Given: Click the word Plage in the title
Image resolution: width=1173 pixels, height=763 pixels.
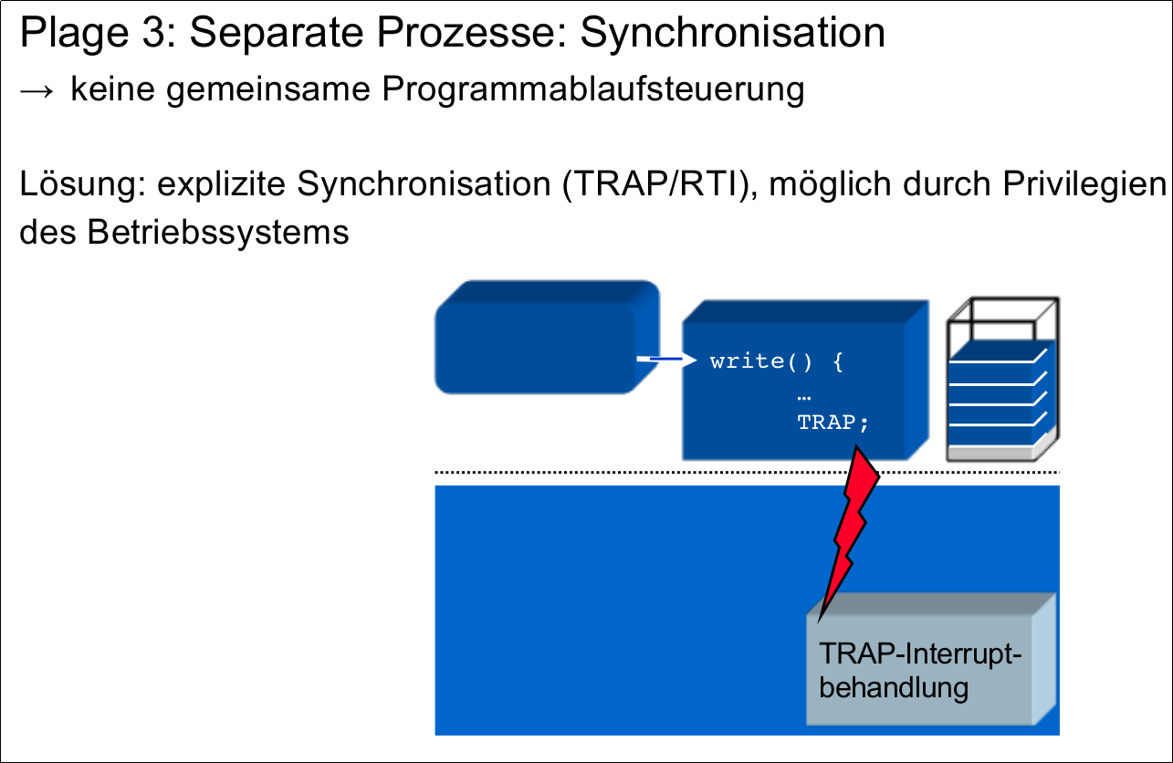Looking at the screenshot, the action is [74, 34].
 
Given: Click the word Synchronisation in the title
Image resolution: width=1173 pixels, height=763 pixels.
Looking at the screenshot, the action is [733, 34].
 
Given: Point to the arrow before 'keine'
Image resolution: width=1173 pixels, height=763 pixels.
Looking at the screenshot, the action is [37, 91].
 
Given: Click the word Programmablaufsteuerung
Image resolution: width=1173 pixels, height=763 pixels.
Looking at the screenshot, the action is [592, 90].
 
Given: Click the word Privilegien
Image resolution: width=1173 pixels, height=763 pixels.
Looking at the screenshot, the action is [1084, 185].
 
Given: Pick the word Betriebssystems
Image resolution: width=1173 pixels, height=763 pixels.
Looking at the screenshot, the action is [218, 232].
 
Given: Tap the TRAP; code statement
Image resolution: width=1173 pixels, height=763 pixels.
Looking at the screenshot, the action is [833, 423].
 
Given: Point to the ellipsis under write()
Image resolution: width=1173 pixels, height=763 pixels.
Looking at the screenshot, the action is [804, 399].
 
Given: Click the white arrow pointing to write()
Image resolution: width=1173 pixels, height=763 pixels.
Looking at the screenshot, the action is [666, 359].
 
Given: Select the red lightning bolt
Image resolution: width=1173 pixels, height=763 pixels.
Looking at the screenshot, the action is [848, 529].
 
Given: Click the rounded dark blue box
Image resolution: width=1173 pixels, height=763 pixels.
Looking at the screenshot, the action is [547, 337].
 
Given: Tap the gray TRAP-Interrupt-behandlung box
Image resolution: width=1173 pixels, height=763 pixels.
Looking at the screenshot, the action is [931, 659].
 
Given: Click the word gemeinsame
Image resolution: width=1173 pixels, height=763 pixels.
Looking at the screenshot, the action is [268, 90].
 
